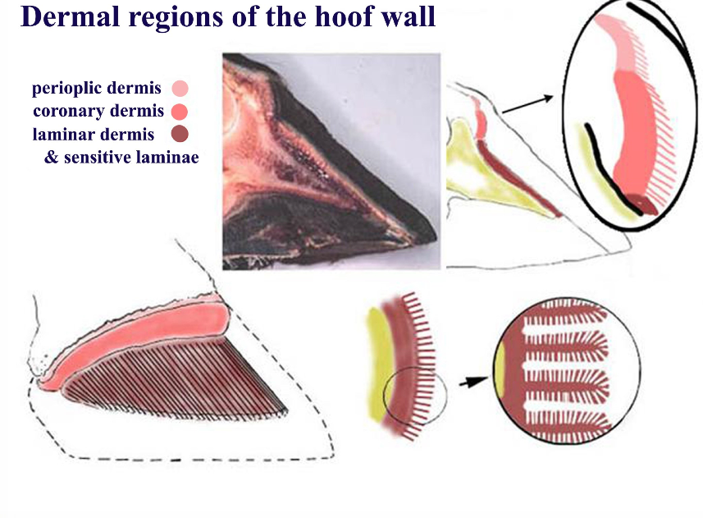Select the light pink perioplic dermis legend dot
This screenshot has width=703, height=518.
click(x=180, y=88)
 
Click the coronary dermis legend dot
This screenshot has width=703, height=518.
click(x=180, y=110)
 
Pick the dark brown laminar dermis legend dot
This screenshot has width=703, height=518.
click(x=180, y=134)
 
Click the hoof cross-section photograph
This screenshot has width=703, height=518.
click(x=331, y=161)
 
